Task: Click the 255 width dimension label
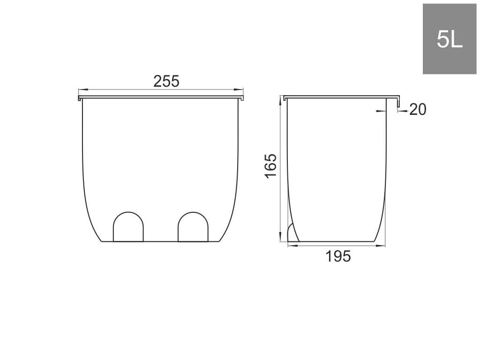[166, 82]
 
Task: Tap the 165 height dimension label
[270, 166]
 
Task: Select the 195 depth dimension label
[338, 256]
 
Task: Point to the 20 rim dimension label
[418, 110]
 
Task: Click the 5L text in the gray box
[450, 39]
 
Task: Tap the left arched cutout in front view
[128, 226]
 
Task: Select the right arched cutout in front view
[193, 226]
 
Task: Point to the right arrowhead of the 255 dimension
[239, 90]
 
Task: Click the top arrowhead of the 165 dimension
[280, 101]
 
